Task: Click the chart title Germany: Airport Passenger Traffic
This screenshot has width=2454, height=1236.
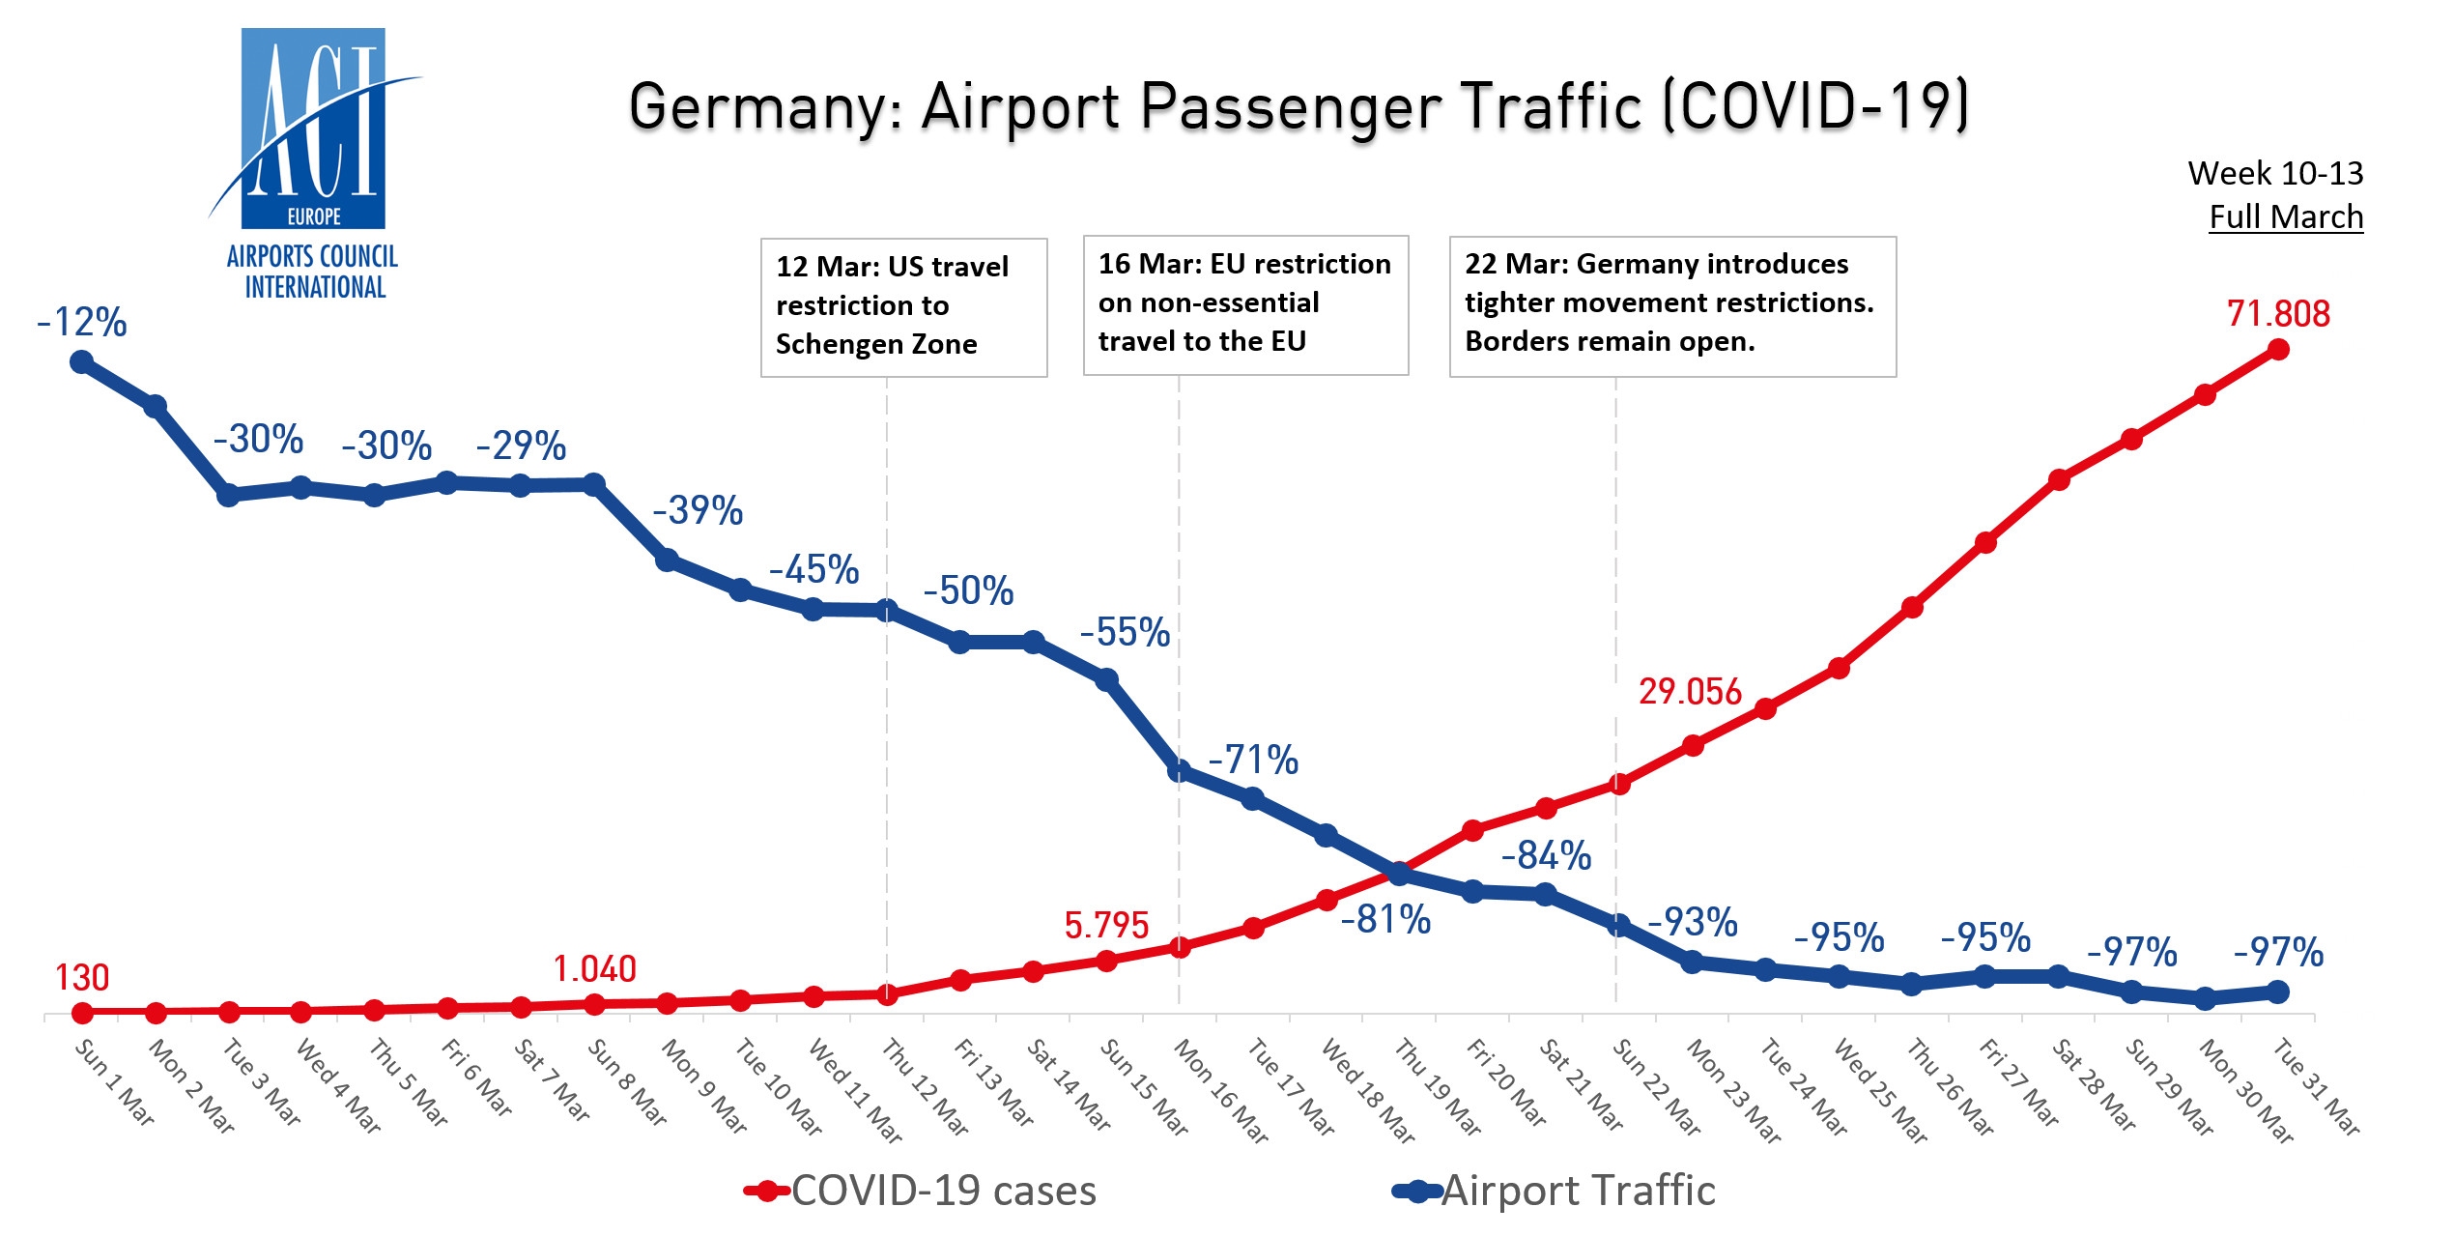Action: tap(1298, 106)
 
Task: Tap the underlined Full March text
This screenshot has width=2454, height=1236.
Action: tap(2286, 217)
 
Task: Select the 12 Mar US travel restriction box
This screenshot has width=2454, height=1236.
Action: tap(903, 306)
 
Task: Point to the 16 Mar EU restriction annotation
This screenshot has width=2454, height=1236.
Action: tap(1245, 303)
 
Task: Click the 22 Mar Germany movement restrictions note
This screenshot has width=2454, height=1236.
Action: tap(1671, 304)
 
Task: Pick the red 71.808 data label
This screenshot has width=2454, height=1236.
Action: tap(2278, 314)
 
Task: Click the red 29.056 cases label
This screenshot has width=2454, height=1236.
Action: tap(1690, 692)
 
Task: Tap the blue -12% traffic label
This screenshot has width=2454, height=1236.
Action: tap(82, 323)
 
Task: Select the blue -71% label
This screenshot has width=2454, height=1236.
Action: tap(1253, 761)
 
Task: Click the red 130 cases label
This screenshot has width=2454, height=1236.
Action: tap(82, 978)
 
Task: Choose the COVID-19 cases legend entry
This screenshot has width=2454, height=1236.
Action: tap(923, 1192)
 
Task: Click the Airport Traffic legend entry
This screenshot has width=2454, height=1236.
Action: tap(1555, 1192)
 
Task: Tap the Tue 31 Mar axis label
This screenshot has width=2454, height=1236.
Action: tap(2317, 1086)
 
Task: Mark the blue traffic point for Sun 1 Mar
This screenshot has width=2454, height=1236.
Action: tap(82, 362)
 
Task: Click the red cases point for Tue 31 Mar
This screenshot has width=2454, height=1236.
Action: tap(2278, 350)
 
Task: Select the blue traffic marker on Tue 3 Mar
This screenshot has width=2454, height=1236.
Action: tap(229, 496)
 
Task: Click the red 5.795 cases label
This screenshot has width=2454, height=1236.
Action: tap(1106, 926)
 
